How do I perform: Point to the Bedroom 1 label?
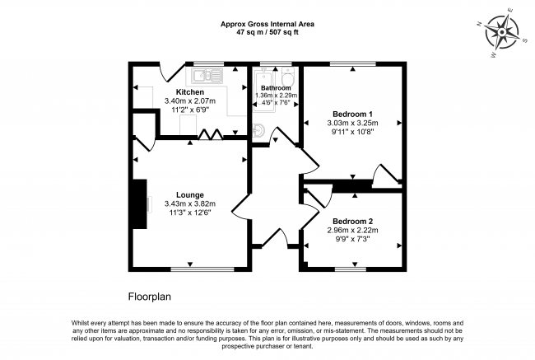[x=352, y=114]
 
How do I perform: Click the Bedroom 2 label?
[x=352, y=222]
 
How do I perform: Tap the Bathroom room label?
[x=276, y=87]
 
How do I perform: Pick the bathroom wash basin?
[x=258, y=130]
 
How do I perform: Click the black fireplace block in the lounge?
[x=141, y=206]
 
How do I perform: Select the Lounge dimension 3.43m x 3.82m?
[x=189, y=203]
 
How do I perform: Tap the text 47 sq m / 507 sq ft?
[x=267, y=32]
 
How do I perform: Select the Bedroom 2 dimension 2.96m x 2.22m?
[x=352, y=231]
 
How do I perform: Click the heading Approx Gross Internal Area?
[x=267, y=24]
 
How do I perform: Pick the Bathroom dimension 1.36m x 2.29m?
[x=276, y=96]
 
